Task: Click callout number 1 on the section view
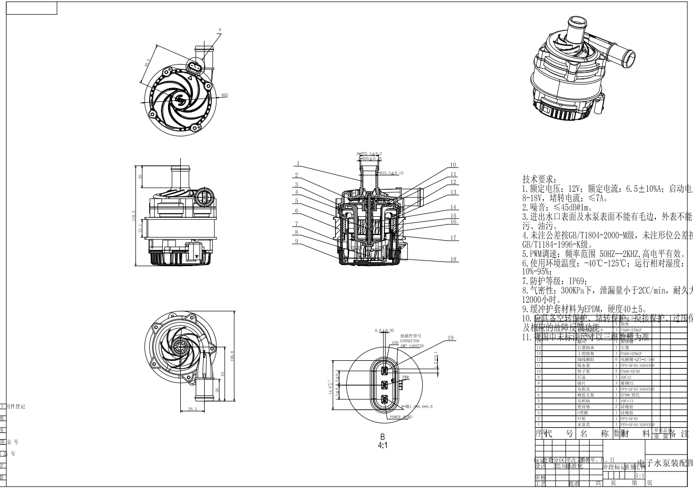(298, 164)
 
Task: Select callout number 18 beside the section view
(453, 259)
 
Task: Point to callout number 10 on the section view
(453, 165)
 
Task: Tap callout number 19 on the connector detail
(451, 338)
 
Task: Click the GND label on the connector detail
(395, 343)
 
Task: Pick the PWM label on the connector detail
(405, 377)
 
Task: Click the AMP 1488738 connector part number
(412, 345)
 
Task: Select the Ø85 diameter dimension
(225, 95)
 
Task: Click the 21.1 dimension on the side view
(141, 228)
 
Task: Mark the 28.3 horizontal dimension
(192, 409)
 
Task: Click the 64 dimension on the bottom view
(223, 374)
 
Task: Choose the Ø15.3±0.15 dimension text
(392, 174)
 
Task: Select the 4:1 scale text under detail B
(382, 445)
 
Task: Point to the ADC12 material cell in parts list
(626, 377)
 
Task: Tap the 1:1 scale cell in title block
(640, 475)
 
